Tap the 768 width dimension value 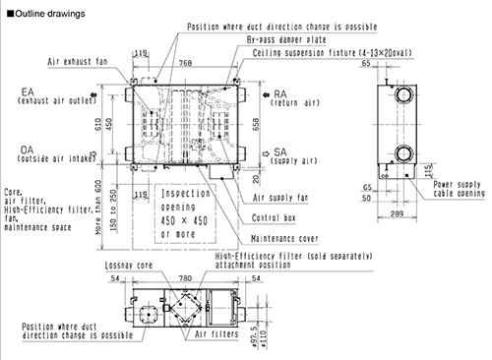tap(186, 63)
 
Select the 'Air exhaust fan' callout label tap(78, 62)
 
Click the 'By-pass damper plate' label tap(286, 39)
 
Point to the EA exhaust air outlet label tap(57, 96)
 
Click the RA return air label tap(295, 98)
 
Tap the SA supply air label tap(293, 156)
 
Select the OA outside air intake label tap(56, 154)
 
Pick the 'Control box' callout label tap(274, 218)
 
